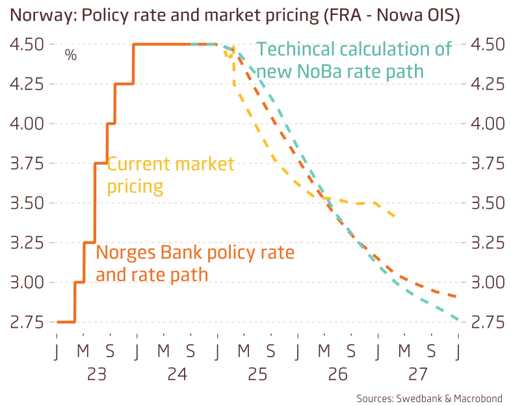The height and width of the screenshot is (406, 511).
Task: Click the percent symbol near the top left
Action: pos(70,55)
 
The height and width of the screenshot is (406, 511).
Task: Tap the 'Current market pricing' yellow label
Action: pos(170,175)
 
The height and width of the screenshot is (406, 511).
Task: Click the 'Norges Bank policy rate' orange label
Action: pos(194,263)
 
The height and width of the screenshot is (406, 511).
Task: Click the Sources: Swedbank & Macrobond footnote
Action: pos(429,398)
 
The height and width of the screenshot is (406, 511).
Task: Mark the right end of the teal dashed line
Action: pos(459,320)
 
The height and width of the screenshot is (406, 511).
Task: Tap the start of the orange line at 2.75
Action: pos(58,322)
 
